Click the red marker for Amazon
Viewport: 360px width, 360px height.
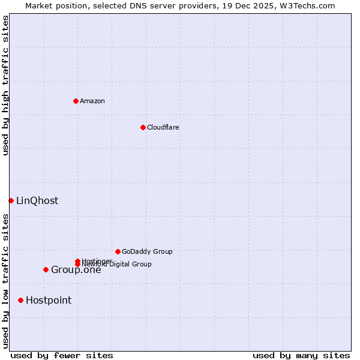[76, 101]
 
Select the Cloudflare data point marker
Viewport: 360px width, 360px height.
[143, 127]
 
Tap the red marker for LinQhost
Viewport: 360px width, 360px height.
[11, 200]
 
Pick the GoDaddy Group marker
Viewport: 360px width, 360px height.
[118, 251]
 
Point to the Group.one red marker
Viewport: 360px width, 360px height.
[46, 269]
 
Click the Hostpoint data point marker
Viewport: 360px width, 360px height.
[20, 300]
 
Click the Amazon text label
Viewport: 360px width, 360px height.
[92, 101]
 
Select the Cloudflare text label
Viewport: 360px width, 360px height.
[163, 127]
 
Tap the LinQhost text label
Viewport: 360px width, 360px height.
[37, 201]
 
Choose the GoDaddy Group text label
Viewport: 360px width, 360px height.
[147, 251]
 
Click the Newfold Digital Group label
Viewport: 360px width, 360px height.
[117, 264]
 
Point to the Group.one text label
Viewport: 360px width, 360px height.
[76, 270]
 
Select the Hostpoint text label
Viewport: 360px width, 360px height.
[49, 301]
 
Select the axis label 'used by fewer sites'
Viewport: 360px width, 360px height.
[62, 355]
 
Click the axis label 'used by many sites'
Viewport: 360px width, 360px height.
[301, 355]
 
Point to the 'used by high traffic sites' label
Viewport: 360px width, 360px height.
[5, 85]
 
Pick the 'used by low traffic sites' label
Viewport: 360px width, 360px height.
[5, 281]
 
